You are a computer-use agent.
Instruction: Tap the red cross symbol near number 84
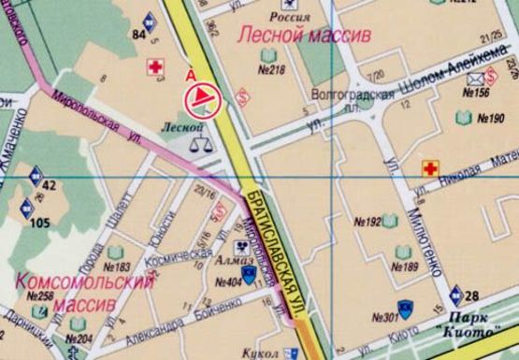pos(156,67)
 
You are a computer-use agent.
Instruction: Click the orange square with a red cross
pos(431,168)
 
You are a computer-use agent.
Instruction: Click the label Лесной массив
pos(304,36)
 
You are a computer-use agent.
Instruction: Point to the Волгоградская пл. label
pos(339,96)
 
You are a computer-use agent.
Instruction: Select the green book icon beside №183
pos(115,252)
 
